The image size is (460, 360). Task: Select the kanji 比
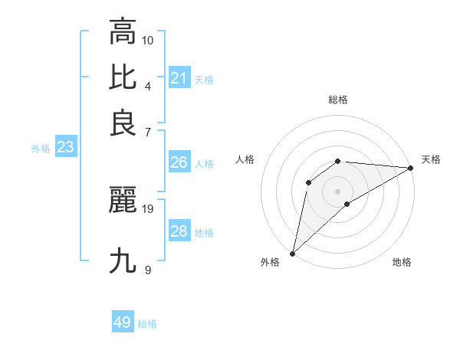pos(123,77)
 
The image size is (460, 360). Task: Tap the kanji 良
pos(123,123)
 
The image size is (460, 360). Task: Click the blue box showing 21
pos(179,78)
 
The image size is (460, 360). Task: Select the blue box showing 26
pos(179,162)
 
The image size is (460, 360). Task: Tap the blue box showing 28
pos(179,231)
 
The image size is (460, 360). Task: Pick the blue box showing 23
pos(65,148)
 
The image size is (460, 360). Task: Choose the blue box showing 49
pos(123,322)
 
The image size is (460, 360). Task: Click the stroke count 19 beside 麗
pos(148,208)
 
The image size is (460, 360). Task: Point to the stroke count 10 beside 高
pos(148,39)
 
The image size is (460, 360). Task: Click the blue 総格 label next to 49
pos(147,324)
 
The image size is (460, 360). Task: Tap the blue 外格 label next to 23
pos(41,149)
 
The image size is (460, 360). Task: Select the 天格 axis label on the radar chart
pos(431,159)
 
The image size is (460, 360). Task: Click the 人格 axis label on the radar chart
pos(245,159)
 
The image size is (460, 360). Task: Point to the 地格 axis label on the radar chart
pos(402,263)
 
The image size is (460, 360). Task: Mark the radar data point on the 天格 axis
pos(411,168)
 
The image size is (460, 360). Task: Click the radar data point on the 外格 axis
pos(292,254)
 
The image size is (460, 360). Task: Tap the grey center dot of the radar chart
pos(338,191)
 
